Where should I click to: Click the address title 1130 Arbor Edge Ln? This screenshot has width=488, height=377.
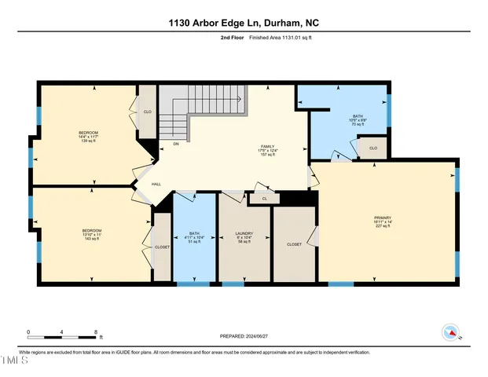244,23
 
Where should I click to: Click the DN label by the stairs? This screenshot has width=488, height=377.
166,144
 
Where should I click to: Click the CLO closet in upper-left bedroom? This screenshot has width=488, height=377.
147,112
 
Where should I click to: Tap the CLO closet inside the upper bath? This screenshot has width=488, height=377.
372,148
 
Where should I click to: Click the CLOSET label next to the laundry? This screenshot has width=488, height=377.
294,244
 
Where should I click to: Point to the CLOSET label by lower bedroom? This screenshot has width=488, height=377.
162,247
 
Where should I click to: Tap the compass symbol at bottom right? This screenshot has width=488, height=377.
451,333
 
